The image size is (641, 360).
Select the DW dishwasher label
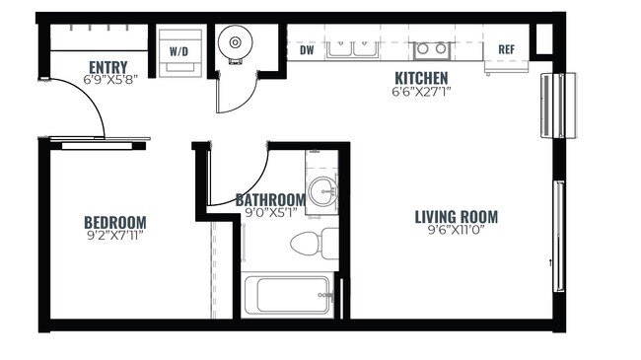pos(306,48)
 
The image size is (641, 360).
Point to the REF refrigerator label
pos(506,49)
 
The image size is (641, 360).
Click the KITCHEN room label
pos(421,78)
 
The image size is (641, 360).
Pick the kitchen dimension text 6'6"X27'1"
pos(421,92)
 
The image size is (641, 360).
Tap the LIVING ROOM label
pos(456,217)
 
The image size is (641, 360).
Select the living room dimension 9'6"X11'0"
pos(456,232)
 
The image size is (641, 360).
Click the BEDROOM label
pos(114,222)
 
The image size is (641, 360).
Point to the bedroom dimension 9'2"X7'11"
pos(114,236)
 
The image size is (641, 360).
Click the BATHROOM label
pos(270,199)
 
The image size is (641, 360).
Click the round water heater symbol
pos(236,43)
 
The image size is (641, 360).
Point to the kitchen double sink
pos(352,45)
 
